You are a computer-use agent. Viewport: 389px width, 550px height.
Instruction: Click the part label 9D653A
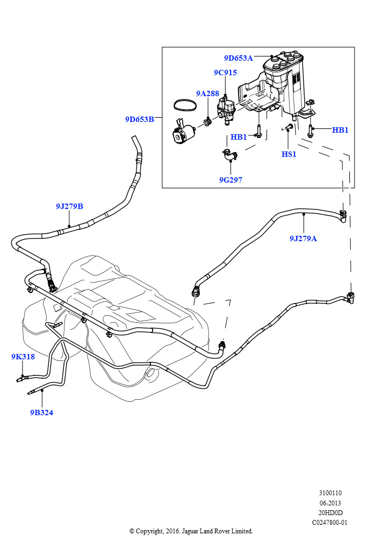pos(238,58)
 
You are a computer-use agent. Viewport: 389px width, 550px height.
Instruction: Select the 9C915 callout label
pos(225,73)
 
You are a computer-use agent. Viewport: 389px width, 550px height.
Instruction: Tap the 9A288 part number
pos(207,93)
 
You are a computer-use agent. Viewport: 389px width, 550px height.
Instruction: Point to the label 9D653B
pos(140,119)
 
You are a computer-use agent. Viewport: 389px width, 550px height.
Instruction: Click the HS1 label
pos(289,154)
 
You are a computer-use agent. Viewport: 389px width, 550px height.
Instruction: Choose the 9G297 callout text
pos(230,180)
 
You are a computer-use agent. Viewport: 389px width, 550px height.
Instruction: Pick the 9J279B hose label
pos(69,206)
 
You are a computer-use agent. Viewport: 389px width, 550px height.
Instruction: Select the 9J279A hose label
pos(303,238)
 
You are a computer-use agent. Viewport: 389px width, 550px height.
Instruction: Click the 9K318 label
pos(23,357)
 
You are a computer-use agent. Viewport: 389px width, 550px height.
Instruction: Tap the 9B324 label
pos(41,412)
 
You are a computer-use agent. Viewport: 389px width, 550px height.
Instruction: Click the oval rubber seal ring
pos(185,104)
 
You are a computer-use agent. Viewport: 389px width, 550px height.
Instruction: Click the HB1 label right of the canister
pos(340,130)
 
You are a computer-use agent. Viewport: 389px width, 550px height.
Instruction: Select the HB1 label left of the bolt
pos(239,137)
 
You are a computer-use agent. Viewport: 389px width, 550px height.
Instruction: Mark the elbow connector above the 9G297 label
pos(228,156)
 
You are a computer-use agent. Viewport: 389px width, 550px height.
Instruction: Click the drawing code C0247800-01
pos(330,522)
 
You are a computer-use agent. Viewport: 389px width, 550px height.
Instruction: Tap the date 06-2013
pos(330,503)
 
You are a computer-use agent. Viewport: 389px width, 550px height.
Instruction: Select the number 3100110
pos(330,493)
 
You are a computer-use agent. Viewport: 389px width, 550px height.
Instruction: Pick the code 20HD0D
pos(330,512)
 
